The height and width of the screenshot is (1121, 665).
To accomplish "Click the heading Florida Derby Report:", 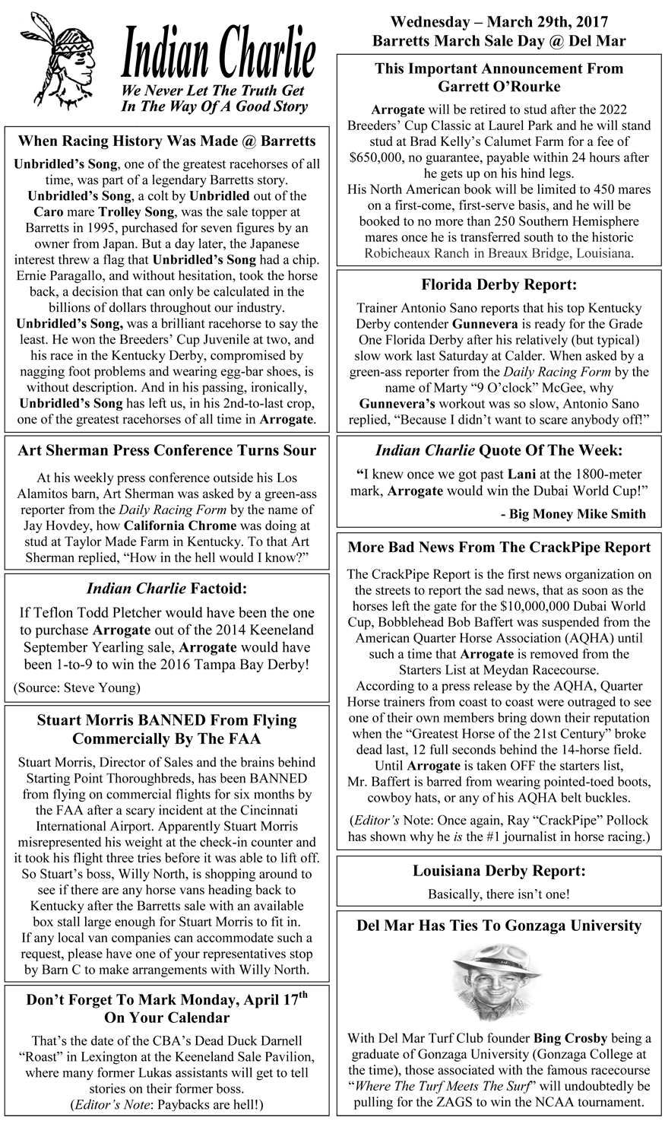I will point(499,285).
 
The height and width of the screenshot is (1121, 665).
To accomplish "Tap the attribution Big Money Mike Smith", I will point(573,514).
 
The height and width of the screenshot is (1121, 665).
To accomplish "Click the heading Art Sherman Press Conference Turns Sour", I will point(166,450).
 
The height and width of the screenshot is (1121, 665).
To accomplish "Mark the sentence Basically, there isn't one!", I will point(499,894).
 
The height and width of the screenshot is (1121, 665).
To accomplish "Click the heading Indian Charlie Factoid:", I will point(166,587).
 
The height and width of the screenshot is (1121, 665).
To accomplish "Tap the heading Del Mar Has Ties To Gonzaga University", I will point(499,926).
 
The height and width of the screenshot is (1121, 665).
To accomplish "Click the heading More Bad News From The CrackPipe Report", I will point(499,548).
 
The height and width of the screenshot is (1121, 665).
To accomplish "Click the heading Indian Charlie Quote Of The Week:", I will point(499,449).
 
